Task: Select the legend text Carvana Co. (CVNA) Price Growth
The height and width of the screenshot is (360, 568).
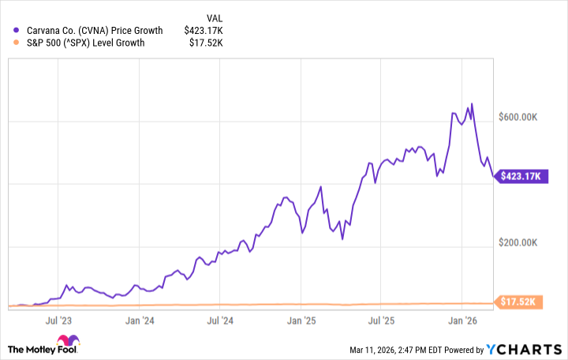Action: (95, 31)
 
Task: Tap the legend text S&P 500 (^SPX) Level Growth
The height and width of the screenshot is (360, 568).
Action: (86, 43)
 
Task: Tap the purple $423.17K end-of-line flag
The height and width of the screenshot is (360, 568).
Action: (520, 177)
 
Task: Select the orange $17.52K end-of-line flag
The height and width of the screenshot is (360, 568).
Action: (520, 302)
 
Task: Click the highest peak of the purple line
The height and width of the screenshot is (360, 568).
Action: (472, 103)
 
